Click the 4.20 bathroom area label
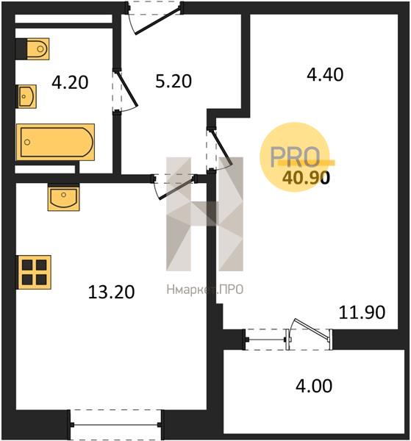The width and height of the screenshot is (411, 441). pos(70,82)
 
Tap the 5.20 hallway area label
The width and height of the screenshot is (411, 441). pos(174,81)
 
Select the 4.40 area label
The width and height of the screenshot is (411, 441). pos(325,75)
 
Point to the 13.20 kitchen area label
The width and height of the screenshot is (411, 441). pos(112,292)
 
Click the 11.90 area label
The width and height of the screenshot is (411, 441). pos(362,312)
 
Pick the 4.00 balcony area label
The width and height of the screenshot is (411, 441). pos(314,386)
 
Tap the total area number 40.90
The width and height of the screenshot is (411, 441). pos(306,178)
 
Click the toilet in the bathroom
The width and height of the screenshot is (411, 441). pos(37,49)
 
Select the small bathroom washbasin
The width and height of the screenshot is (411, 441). pos(27,96)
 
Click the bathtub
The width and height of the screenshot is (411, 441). pos(55,142)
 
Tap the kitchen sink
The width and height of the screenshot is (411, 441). pos(63,197)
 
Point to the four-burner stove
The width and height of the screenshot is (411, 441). pos(34,272)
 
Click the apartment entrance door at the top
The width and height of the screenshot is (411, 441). pos(155,18)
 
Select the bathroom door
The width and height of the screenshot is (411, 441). pos(125,90)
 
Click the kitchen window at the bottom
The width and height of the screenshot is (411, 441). pos(115,425)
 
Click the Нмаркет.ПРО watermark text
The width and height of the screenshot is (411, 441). pos(205,290)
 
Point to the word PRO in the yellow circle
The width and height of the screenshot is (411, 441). pos(295,157)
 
